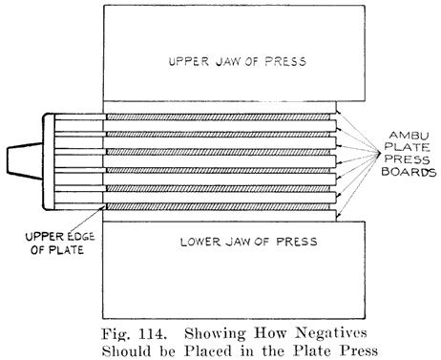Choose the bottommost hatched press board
click(x=219, y=206)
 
